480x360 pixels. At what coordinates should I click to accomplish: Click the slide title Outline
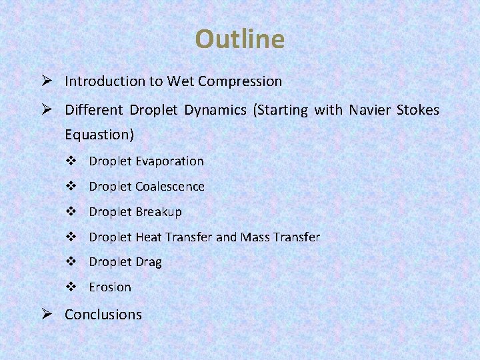[239, 39]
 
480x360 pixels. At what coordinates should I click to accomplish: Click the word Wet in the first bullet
[180, 81]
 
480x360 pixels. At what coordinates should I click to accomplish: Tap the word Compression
[241, 81]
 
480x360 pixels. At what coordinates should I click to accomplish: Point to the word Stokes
[418, 109]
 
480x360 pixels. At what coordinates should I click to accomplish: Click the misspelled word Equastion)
[99, 135]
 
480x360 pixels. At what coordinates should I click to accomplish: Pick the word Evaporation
[169, 161]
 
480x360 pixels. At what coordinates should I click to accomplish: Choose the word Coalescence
[170, 187]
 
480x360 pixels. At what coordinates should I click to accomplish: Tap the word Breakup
[159, 212]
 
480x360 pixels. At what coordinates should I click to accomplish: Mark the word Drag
[149, 262]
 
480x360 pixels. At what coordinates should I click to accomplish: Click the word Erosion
[110, 287]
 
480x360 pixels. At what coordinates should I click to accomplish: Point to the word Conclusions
[103, 315]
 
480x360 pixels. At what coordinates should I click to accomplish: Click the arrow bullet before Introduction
[46, 81]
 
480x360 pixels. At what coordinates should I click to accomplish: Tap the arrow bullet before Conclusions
[46, 315]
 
